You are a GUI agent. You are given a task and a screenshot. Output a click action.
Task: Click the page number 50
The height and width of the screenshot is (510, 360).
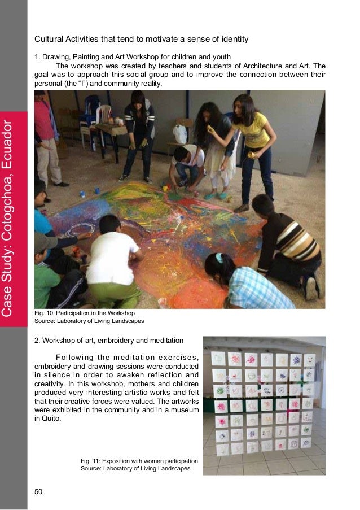coord(38,491)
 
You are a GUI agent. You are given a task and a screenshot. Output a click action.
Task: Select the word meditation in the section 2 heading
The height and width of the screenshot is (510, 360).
coord(166,341)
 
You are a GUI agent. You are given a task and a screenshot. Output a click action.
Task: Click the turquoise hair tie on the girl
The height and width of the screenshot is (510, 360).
coord(218,257)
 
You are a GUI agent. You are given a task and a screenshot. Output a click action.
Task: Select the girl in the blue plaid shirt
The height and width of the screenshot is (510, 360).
coord(248,285)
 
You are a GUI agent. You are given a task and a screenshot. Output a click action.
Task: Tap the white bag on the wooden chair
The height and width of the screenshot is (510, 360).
coord(180,134)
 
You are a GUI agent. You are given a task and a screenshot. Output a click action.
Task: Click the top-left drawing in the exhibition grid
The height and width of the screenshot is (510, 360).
coord(218,358)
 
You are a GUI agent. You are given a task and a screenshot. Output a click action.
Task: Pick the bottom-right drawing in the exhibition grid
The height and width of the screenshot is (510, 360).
coord(305,443)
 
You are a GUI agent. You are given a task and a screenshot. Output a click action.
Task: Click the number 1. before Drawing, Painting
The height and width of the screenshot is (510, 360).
coord(37,56)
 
